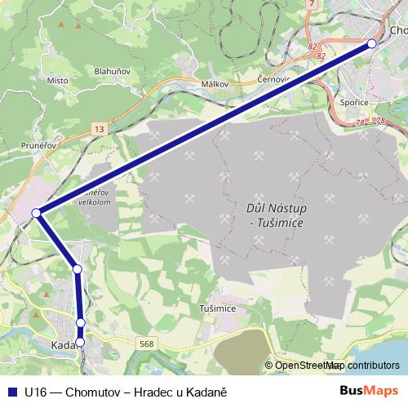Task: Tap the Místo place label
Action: (57, 81)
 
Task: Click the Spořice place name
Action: (353, 103)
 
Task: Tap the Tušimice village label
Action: (218, 308)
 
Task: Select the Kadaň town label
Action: (64, 345)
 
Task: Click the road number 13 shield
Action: (99, 130)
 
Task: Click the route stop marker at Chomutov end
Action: (372, 43)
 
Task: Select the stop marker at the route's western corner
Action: (36, 213)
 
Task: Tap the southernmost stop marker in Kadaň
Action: (80, 341)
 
